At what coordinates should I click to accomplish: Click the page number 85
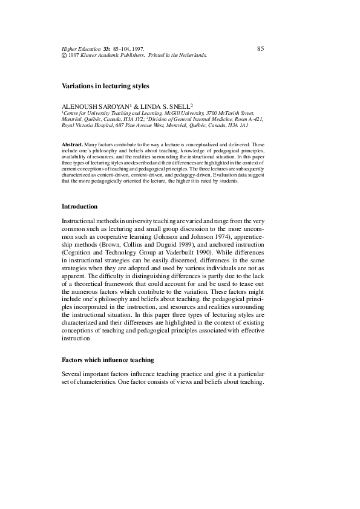pos(260,48)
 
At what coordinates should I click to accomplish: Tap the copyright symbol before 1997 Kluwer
pos(65,55)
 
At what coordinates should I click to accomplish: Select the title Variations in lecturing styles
pos(105,86)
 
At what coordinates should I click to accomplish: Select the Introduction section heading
pos(79,206)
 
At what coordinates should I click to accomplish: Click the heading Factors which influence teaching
pos(108,360)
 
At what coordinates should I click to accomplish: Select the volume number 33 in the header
pos(108,49)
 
